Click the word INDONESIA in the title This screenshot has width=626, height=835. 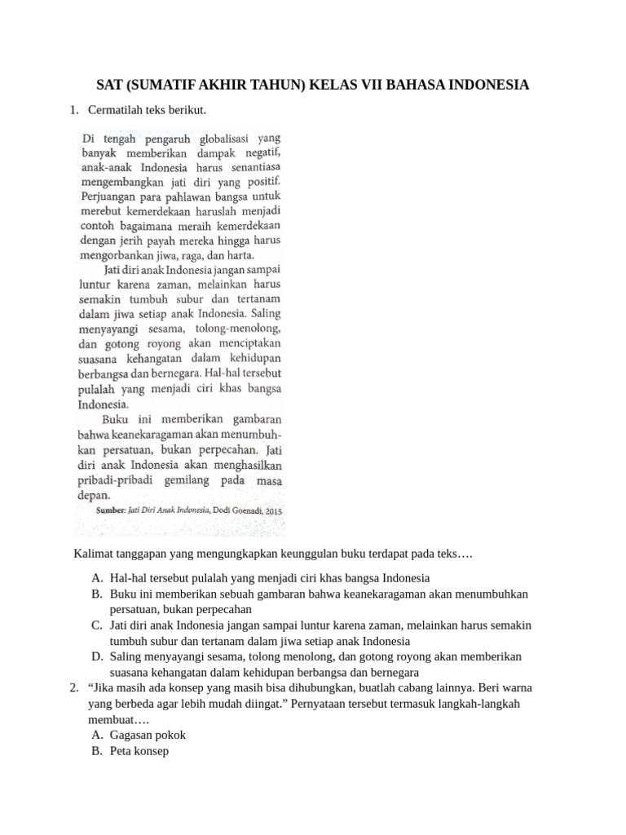click(x=482, y=85)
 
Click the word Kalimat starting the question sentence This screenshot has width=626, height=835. click(x=95, y=555)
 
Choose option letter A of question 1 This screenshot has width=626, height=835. click(x=97, y=578)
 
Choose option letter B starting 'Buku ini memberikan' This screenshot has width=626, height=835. click(x=97, y=594)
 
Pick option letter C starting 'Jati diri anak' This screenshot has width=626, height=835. click(x=97, y=625)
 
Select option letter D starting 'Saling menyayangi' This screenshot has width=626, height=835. click(x=97, y=657)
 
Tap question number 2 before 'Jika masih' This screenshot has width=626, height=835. click(x=73, y=689)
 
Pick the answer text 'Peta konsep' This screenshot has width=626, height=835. click(x=139, y=752)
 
